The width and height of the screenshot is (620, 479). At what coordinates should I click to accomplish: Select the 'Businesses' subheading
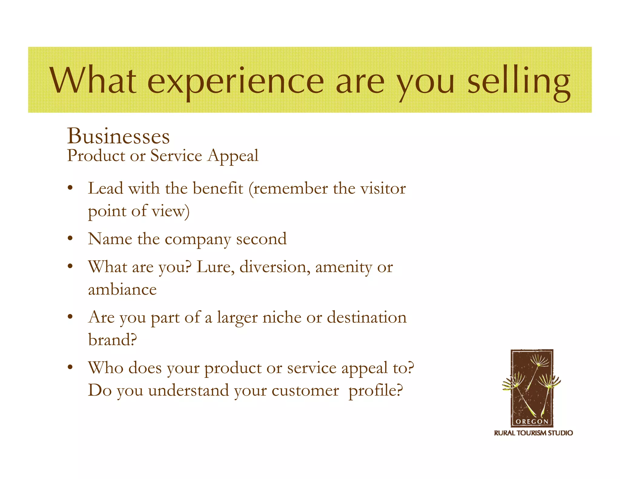pos(118,136)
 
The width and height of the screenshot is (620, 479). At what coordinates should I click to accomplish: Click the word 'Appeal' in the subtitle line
pos(233,156)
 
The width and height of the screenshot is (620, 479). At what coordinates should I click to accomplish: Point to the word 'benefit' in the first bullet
pos(218,188)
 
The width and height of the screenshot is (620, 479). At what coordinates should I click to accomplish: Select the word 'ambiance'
pos(122,289)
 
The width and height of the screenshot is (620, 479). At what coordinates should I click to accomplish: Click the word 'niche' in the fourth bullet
pos(282,317)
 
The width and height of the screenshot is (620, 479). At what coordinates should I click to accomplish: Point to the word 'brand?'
pos(113,340)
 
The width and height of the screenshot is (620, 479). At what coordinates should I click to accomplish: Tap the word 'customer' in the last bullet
pos(305,391)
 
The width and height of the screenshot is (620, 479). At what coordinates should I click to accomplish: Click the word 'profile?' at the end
pos(376,391)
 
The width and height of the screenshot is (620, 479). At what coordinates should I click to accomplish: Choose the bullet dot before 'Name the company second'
pos(70,239)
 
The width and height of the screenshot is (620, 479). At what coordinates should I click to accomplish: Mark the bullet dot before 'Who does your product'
pos(70,368)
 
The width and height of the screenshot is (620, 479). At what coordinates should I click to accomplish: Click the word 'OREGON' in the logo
pos(532,421)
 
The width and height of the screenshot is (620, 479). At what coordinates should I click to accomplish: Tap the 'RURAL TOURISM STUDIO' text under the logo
pos(533,433)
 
